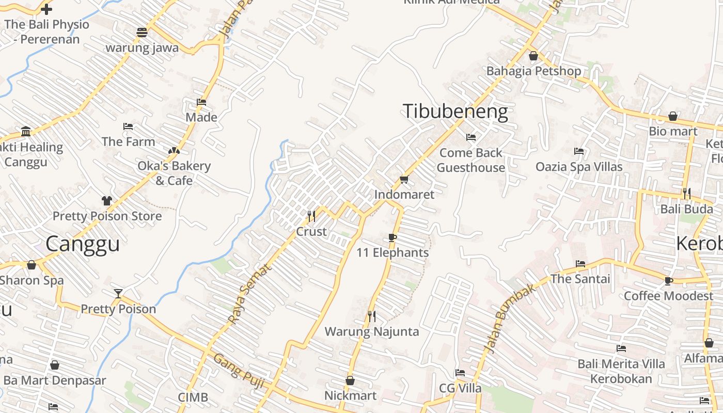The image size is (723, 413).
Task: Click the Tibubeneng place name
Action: point(455,112)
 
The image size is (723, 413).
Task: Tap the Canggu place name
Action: point(83,244)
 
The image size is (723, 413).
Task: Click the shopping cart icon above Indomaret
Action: point(404,179)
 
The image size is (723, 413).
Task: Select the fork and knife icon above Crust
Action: point(311,216)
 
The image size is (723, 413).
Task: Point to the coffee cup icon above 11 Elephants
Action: point(392,237)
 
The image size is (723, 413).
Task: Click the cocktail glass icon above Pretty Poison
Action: point(118,294)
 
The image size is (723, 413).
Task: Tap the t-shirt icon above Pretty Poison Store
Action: point(107,200)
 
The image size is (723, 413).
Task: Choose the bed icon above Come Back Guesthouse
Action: point(471,137)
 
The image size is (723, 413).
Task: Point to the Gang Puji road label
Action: point(239,371)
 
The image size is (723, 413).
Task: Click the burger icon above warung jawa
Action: point(142,33)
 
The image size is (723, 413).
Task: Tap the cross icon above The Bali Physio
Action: point(46,9)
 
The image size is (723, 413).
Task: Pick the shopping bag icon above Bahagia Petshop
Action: point(533,56)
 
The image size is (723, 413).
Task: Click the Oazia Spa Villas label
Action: point(579,167)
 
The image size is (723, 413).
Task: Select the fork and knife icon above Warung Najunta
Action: point(371,316)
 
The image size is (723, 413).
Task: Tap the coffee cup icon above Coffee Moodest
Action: point(669,281)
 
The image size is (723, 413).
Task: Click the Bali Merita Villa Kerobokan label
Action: point(621,371)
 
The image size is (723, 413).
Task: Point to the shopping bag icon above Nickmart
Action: point(350,380)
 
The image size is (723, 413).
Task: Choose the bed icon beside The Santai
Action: point(580,264)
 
